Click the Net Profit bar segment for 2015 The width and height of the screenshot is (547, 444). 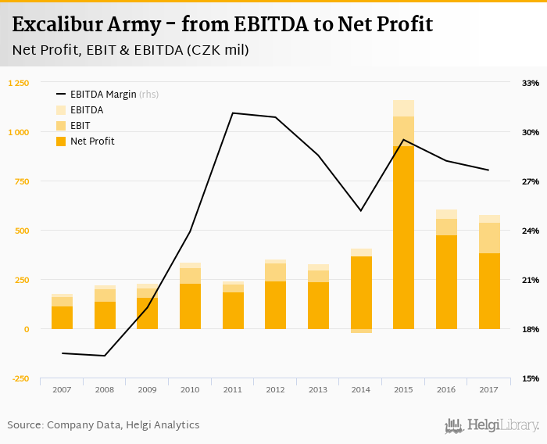click(x=403, y=238)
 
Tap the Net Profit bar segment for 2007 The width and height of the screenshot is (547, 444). click(x=63, y=317)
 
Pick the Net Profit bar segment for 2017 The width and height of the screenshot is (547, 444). click(x=489, y=291)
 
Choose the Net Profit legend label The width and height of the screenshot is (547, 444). click(x=92, y=141)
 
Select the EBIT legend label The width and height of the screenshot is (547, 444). click(x=80, y=126)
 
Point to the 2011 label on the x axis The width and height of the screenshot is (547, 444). click(x=233, y=389)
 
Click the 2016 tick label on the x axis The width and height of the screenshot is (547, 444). click(x=446, y=389)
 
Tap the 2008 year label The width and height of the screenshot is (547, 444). click(x=105, y=389)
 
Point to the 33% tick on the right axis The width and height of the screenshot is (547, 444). click(x=531, y=83)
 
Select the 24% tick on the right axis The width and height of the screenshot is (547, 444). click(x=531, y=231)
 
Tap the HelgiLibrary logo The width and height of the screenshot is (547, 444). click(x=492, y=425)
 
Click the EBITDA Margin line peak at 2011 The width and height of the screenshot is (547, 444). click(x=233, y=113)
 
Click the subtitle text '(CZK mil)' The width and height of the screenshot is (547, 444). click(x=220, y=51)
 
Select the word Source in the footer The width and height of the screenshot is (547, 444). click(x=24, y=425)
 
